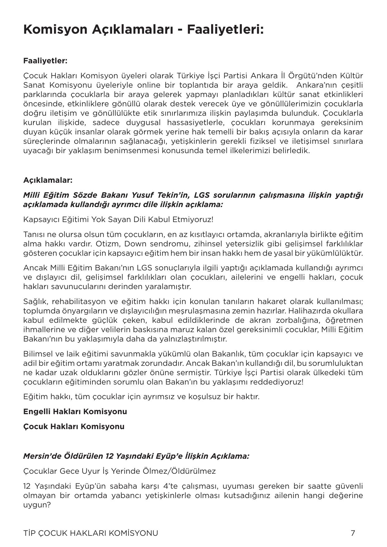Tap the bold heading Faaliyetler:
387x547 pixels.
(45, 61)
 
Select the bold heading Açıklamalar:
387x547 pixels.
(48, 180)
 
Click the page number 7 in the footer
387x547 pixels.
(353, 533)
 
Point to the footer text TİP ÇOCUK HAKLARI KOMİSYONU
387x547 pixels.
(90, 533)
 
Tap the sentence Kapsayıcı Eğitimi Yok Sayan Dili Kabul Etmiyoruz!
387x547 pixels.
(118, 219)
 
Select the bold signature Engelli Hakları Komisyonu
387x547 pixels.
(75, 411)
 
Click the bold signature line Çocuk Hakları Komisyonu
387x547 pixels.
(74, 426)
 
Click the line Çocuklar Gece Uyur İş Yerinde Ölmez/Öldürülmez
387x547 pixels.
(119, 471)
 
